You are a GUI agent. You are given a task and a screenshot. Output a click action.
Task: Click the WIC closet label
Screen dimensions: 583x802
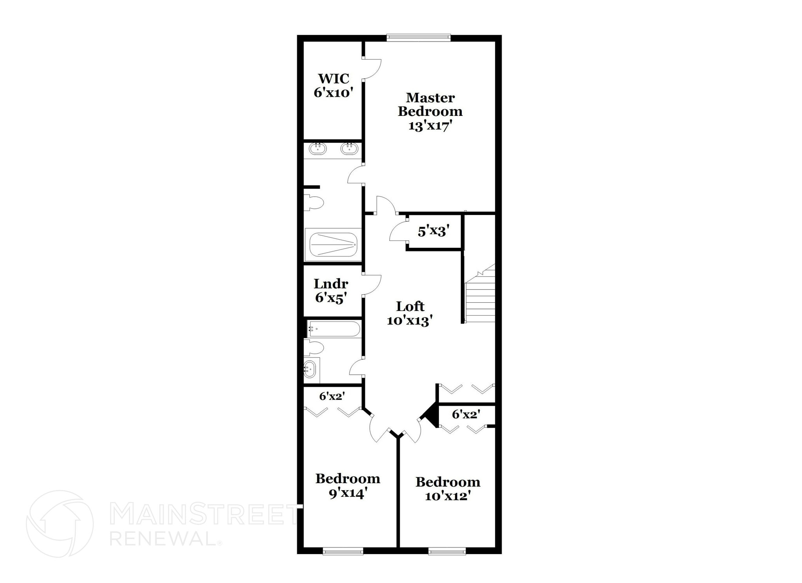(x=333, y=79)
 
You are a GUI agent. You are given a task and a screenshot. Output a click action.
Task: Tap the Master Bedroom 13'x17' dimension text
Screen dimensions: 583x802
(x=430, y=126)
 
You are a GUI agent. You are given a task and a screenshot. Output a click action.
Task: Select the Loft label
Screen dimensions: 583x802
(x=410, y=306)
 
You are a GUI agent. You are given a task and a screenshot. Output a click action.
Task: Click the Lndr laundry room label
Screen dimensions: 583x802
(x=331, y=284)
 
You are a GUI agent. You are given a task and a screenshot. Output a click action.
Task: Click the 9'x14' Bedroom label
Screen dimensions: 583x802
(x=348, y=478)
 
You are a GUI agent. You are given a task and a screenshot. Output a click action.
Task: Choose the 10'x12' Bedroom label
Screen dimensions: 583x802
(x=448, y=482)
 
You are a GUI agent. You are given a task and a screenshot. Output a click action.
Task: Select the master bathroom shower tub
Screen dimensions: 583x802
(x=333, y=245)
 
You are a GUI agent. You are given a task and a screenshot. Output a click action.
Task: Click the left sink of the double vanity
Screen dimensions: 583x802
(x=318, y=149)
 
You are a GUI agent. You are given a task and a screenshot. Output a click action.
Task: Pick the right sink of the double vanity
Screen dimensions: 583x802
(x=348, y=149)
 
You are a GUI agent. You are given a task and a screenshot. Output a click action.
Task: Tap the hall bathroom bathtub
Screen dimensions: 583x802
(x=333, y=329)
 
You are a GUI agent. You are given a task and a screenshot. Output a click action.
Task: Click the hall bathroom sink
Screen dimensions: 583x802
(x=309, y=369)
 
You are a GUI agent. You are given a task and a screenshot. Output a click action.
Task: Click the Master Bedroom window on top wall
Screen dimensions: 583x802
(x=419, y=38)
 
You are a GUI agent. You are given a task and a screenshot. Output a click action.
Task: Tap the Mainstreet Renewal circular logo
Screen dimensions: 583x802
(x=60, y=523)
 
